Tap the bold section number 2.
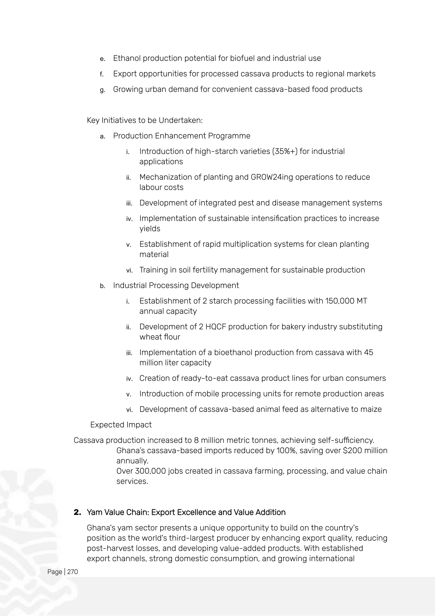[x=77, y=512]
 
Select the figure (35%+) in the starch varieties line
[x=284, y=151]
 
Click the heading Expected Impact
[x=121, y=425]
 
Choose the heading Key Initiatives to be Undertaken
[x=145, y=120]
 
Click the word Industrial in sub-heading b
[x=130, y=285]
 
